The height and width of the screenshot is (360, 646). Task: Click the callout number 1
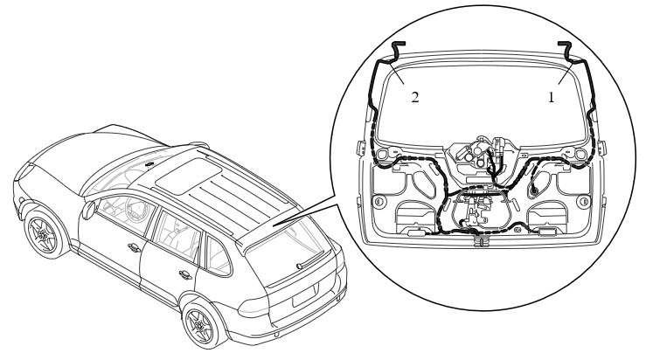point(551,97)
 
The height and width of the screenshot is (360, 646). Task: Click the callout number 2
point(415,97)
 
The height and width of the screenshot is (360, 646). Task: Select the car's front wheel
point(43,235)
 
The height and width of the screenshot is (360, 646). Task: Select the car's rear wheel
point(200,325)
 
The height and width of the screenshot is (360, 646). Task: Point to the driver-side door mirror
point(87,210)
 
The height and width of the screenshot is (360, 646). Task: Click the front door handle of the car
point(134,248)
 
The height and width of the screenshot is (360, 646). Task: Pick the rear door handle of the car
point(185,274)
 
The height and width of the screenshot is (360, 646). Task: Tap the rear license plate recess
point(305,295)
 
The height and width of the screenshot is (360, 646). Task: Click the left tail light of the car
point(253,307)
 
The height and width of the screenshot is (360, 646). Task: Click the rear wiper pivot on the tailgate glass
point(299,267)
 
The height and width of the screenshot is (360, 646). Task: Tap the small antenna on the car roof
point(149,164)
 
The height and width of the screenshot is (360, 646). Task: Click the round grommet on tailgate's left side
point(379,202)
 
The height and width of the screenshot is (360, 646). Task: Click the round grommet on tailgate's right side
point(583,202)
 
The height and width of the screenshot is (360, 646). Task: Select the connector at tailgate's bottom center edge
point(480,241)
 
